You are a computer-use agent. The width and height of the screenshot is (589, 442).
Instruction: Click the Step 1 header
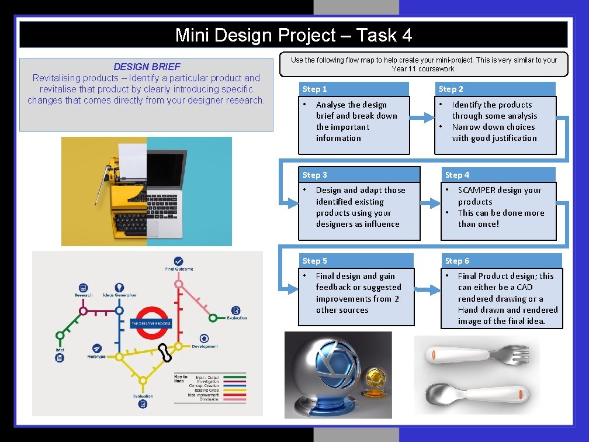(x=315, y=89)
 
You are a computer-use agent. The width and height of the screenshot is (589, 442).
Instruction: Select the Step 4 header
(x=457, y=175)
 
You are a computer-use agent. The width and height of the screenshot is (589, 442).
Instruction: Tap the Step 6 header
(x=457, y=261)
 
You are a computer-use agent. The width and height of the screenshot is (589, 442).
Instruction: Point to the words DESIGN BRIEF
(x=147, y=67)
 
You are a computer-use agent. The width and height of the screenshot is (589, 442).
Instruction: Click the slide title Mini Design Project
(x=293, y=36)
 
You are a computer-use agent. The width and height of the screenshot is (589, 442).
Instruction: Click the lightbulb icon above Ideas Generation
(x=120, y=288)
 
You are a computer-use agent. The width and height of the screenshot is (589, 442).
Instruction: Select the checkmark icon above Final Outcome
(x=178, y=261)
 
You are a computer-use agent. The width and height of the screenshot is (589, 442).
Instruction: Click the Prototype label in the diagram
(x=96, y=356)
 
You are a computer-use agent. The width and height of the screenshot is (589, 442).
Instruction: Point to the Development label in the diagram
(x=205, y=346)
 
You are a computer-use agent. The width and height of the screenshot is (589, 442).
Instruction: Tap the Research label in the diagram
(x=84, y=295)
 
